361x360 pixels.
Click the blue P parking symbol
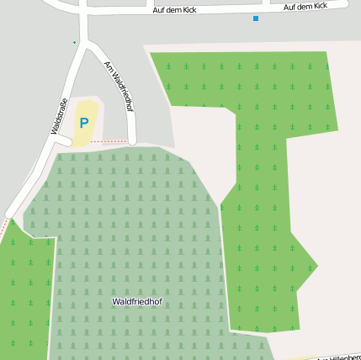84,123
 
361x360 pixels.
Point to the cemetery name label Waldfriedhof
137,301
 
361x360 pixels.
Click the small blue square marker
256,18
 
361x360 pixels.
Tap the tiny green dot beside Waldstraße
74,42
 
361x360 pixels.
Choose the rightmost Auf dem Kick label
305,7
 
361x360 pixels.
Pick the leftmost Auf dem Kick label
174,9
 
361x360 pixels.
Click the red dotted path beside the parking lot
109,142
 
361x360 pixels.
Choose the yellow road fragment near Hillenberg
295,357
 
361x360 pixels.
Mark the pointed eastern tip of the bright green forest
317,267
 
